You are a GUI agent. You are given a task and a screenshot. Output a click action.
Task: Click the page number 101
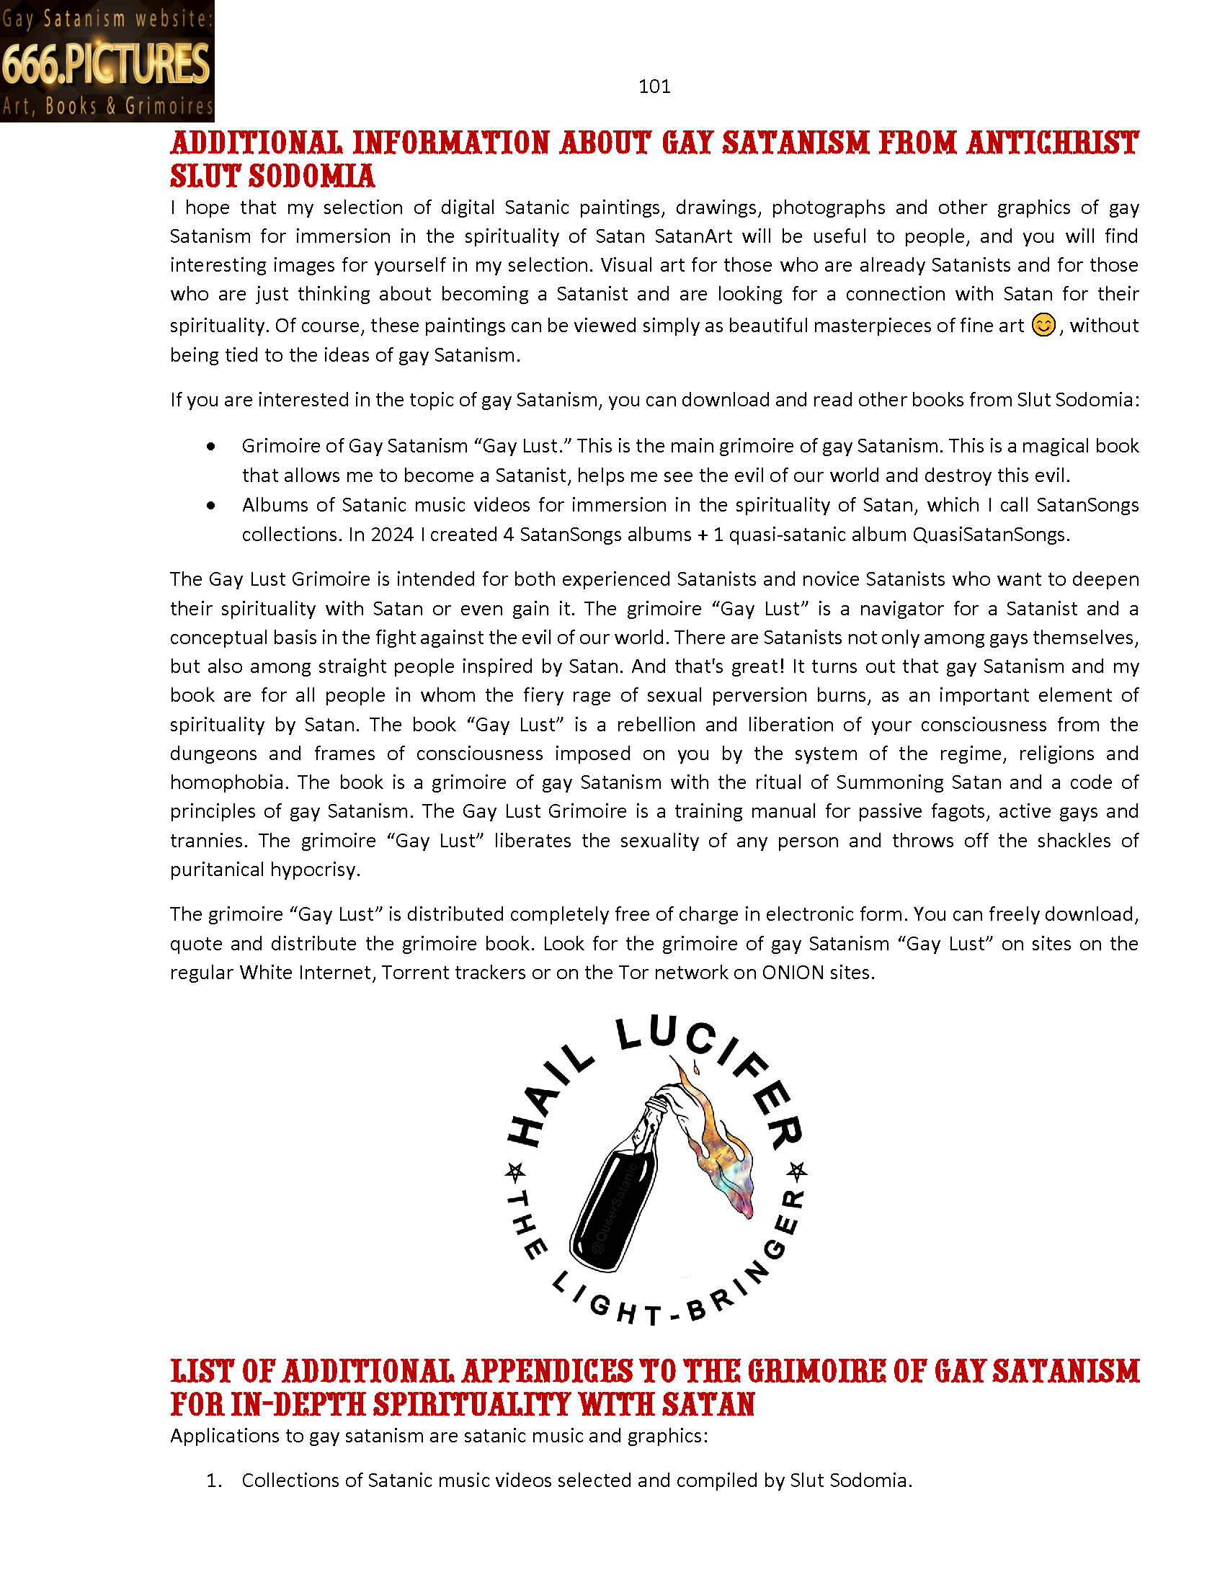pyautogui.click(x=654, y=86)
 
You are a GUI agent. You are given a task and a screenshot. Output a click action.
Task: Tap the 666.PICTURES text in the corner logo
pyautogui.click(x=106, y=63)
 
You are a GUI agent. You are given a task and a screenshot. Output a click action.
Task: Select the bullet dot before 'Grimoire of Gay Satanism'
pyautogui.click(x=211, y=447)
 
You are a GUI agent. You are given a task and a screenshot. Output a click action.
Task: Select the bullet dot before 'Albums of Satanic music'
pyautogui.click(x=211, y=505)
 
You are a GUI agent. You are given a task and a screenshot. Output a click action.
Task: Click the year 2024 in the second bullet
pyautogui.click(x=392, y=535)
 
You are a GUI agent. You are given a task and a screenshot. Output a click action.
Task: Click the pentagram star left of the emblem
pyautogui.click(x=514, y=1171)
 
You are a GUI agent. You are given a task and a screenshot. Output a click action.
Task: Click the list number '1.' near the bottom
pyautogui.click(x=213, y=1481)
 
